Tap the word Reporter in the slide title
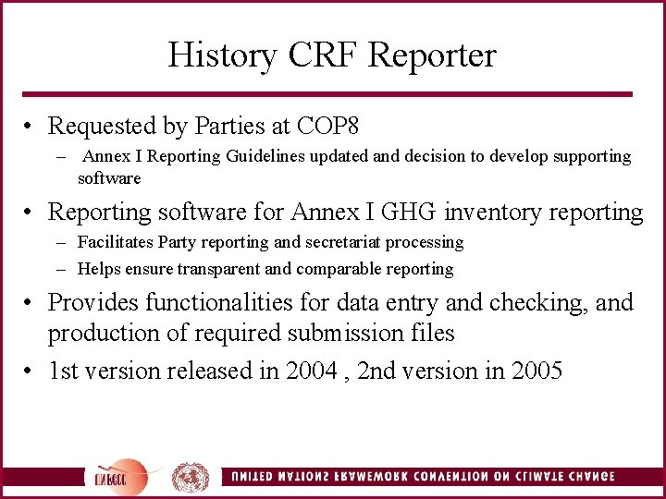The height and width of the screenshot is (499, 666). (431, 56)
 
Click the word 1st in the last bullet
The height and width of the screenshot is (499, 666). (65, 371)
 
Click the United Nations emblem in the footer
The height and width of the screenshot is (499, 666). (191, 477)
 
